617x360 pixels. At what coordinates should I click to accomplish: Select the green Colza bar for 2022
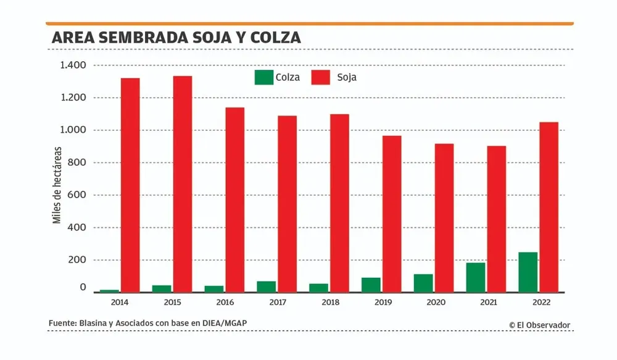(x=528, y=272)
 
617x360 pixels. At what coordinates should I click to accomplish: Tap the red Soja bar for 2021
(x=497, y=219)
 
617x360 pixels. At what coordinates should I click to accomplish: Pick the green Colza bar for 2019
(x=371, y=285)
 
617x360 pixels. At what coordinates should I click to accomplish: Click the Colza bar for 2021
(x=475, y=277)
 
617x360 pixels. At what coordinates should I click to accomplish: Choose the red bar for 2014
(x=130, y=185)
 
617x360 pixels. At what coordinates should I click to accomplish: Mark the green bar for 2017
(x=267, y=287)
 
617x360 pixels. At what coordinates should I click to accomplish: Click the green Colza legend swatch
(x=263, y=77)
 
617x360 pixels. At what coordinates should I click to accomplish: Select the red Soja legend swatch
(x=321, y=77)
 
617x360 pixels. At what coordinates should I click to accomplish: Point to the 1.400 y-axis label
(x=73, y=65)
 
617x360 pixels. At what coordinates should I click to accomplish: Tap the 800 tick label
(x=77, y=163)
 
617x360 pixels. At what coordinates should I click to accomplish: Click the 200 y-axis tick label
(x=77, y=260)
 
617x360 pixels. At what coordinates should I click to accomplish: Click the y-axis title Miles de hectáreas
(x=56, y=185)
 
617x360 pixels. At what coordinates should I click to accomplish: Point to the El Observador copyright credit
(x=540, y=325)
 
